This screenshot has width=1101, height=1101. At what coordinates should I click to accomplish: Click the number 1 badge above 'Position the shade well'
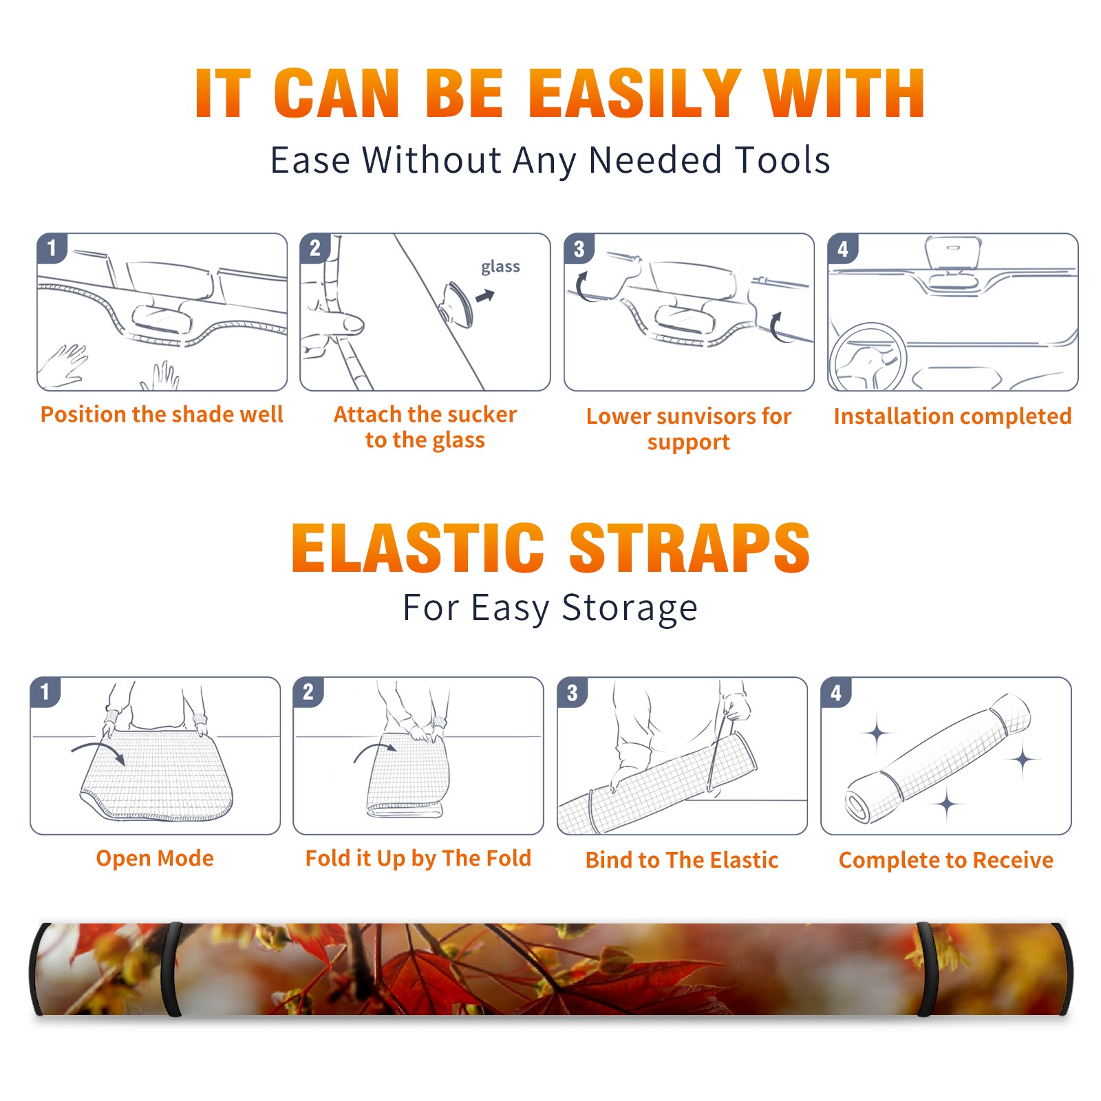pos(52,248)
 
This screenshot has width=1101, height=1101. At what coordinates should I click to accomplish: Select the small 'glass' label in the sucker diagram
pos(500,266)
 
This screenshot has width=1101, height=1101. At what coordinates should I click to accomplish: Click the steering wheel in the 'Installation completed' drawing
pos(868,358)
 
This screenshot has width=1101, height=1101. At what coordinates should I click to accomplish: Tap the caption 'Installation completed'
pos(952,416)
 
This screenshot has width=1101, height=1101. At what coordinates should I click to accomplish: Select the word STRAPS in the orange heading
pos(690,548)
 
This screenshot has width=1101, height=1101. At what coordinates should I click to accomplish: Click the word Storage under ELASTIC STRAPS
pos(630,608)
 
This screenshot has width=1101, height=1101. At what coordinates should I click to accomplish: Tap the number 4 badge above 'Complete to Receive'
pos(836,692)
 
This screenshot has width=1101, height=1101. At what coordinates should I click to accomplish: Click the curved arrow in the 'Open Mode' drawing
pos(98,750)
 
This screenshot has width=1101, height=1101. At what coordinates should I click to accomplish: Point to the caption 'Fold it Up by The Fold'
pos(418,858)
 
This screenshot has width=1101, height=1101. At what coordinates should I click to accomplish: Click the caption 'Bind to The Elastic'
pos(682,859)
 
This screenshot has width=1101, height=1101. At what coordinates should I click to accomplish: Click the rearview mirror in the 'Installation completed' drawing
pos(954,253)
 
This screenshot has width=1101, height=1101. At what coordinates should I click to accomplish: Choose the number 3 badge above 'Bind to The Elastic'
pos(573,692)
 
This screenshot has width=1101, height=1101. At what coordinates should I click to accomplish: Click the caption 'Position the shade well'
pos(162,414)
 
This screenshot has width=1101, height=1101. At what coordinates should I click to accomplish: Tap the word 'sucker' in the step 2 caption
pos(481,414)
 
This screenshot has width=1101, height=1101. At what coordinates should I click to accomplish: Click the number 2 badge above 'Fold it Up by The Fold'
pos(308,692)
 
